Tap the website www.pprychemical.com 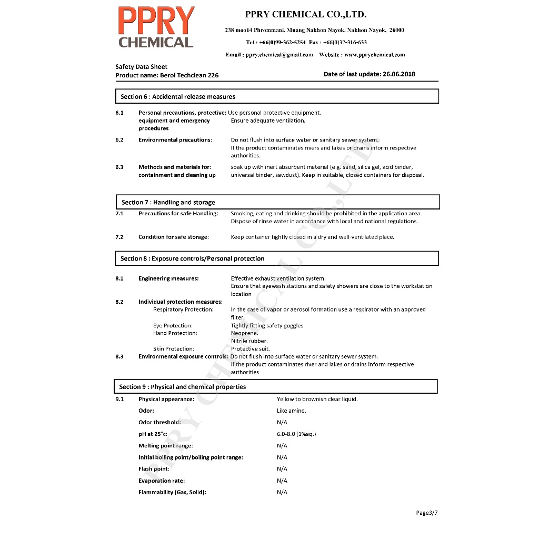tap(374, 55)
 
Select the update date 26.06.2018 tap(399, 74)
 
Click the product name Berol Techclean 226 tap(189, 75)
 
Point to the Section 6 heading tap(178, 97)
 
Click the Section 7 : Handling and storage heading tap(168, 202)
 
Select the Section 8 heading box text tap(193, 258)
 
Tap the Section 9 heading tap(183, 387)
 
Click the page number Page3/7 tap(426, 513)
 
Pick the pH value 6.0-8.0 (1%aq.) tap(296, 434)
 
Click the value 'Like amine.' tap(291, 411)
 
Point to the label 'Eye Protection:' tap(173, 325)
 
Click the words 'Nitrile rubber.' tap(249, 341)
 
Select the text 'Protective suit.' tap(251, 348)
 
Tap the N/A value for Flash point tap(282, 469)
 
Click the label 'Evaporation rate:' tap(162, 481)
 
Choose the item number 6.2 tap(119, 140)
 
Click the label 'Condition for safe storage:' tap(174, 237)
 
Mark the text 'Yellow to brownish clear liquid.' tap(317, 399)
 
